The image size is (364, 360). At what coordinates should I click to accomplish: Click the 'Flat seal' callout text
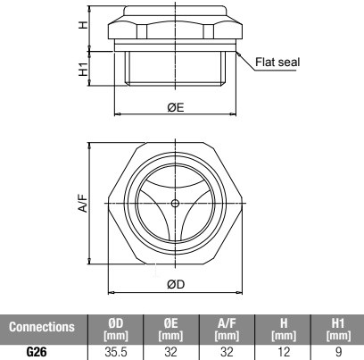(277, 63)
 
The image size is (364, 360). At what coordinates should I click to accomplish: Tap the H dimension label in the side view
(84, 25)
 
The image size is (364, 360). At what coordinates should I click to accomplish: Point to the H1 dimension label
(84, 69)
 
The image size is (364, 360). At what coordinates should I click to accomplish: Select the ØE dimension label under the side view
(176, 107)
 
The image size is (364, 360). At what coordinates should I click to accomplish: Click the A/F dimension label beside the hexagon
(84, 203)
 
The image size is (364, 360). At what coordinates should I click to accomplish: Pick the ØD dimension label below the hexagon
(176, 284)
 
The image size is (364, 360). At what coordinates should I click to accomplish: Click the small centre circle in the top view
(176, 204)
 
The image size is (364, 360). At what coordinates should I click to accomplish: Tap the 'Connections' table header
(42, 327)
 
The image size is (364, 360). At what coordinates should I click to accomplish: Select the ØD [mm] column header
(116, 330)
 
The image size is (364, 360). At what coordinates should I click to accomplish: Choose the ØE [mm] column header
(170, 330)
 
